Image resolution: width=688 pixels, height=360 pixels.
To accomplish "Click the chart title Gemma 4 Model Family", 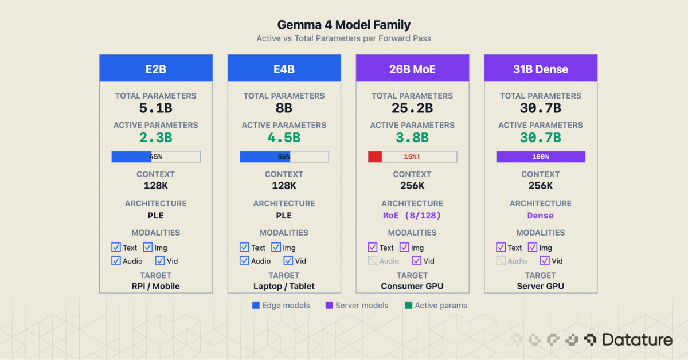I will (x=343, y=25).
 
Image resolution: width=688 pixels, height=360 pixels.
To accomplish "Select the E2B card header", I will (x=156, y=69).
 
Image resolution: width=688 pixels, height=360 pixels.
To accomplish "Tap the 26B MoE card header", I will (x=412, y=69).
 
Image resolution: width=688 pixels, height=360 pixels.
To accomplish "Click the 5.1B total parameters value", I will (x=156, y=108).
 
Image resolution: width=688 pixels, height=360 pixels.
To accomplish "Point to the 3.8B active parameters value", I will (x=412, y=138).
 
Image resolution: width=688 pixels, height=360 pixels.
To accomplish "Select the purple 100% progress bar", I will (x=540, y=156).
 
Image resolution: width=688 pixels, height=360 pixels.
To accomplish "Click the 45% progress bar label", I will (x=156, y=156).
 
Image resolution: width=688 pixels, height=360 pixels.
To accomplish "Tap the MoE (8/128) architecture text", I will (x=412, y=216).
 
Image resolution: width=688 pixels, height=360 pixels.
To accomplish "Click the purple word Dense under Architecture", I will (x=540, y=216).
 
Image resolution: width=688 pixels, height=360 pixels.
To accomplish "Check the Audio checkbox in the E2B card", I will (x=116, y=261).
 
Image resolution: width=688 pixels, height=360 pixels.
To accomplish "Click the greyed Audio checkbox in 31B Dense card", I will (x=501, y=261).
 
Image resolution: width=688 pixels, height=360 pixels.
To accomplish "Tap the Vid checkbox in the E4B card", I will (x=288, y=261).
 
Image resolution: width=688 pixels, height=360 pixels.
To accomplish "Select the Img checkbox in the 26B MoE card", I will (x=404, y=248).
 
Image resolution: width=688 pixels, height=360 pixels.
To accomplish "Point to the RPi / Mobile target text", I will (x=156, y=286).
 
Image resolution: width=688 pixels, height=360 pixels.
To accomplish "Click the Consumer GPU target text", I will (x=412, y=286).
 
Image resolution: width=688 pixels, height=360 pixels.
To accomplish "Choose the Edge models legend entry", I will (x=281, y=306).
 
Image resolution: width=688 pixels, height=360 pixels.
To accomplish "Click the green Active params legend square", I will (x=409, y=306).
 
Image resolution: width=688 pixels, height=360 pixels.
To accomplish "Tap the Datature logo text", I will (x=636, y=340).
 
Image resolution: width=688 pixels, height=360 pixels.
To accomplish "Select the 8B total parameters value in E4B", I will (x=284, y=108).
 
